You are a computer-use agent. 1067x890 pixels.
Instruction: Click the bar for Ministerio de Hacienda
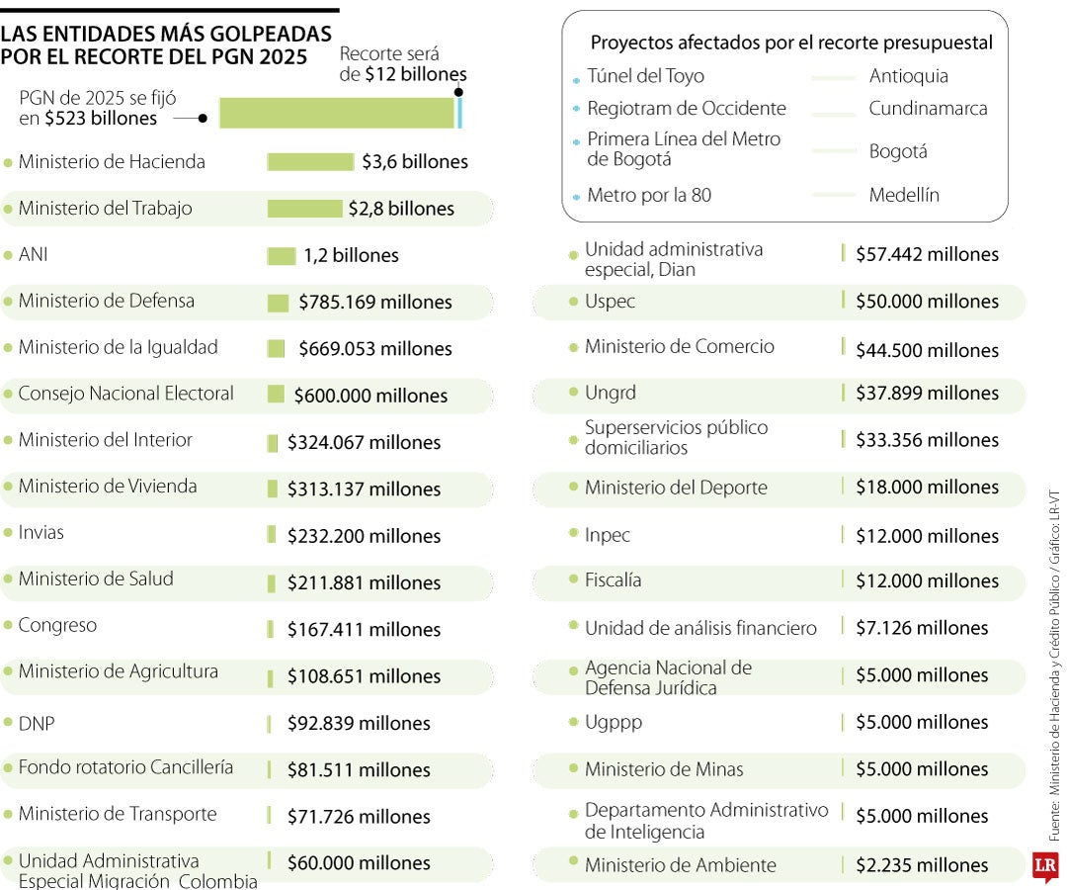click(x=309, y=162)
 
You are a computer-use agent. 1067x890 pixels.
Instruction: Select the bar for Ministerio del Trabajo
click(x=304, y=209)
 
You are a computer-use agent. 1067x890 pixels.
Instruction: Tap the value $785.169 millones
click(x=374, y=303)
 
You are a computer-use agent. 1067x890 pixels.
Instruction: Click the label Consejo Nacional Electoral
click(x=125, y=394)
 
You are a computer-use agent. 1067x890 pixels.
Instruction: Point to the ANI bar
click(x=281, y=256)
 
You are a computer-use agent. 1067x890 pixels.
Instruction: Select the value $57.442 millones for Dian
click(x=927, y=255)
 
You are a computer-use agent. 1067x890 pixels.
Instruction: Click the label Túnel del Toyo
click(x=645, y=76)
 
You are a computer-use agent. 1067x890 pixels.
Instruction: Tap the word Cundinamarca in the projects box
click(x=928, y=109)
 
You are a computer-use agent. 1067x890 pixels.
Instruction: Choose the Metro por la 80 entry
click(x=648, y=196)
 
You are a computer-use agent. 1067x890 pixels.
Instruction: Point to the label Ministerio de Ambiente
click(x=680, y=865)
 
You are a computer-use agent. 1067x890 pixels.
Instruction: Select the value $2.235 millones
click(x=921, y=865)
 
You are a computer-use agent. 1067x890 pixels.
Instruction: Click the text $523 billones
click(x=101, y=119)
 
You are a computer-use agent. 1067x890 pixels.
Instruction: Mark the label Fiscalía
click(x=613, y=580)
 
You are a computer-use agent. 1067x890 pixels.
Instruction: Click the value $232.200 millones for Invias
click(x=364, y=536)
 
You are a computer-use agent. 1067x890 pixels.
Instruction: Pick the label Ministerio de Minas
click(x=664, y=769)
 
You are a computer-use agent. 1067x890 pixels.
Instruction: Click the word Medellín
click(x=904, y=196)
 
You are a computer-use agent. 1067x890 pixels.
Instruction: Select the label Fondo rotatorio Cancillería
click(x=125, y=767)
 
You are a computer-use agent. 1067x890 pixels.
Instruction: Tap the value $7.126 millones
click(x=921, y=628)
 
